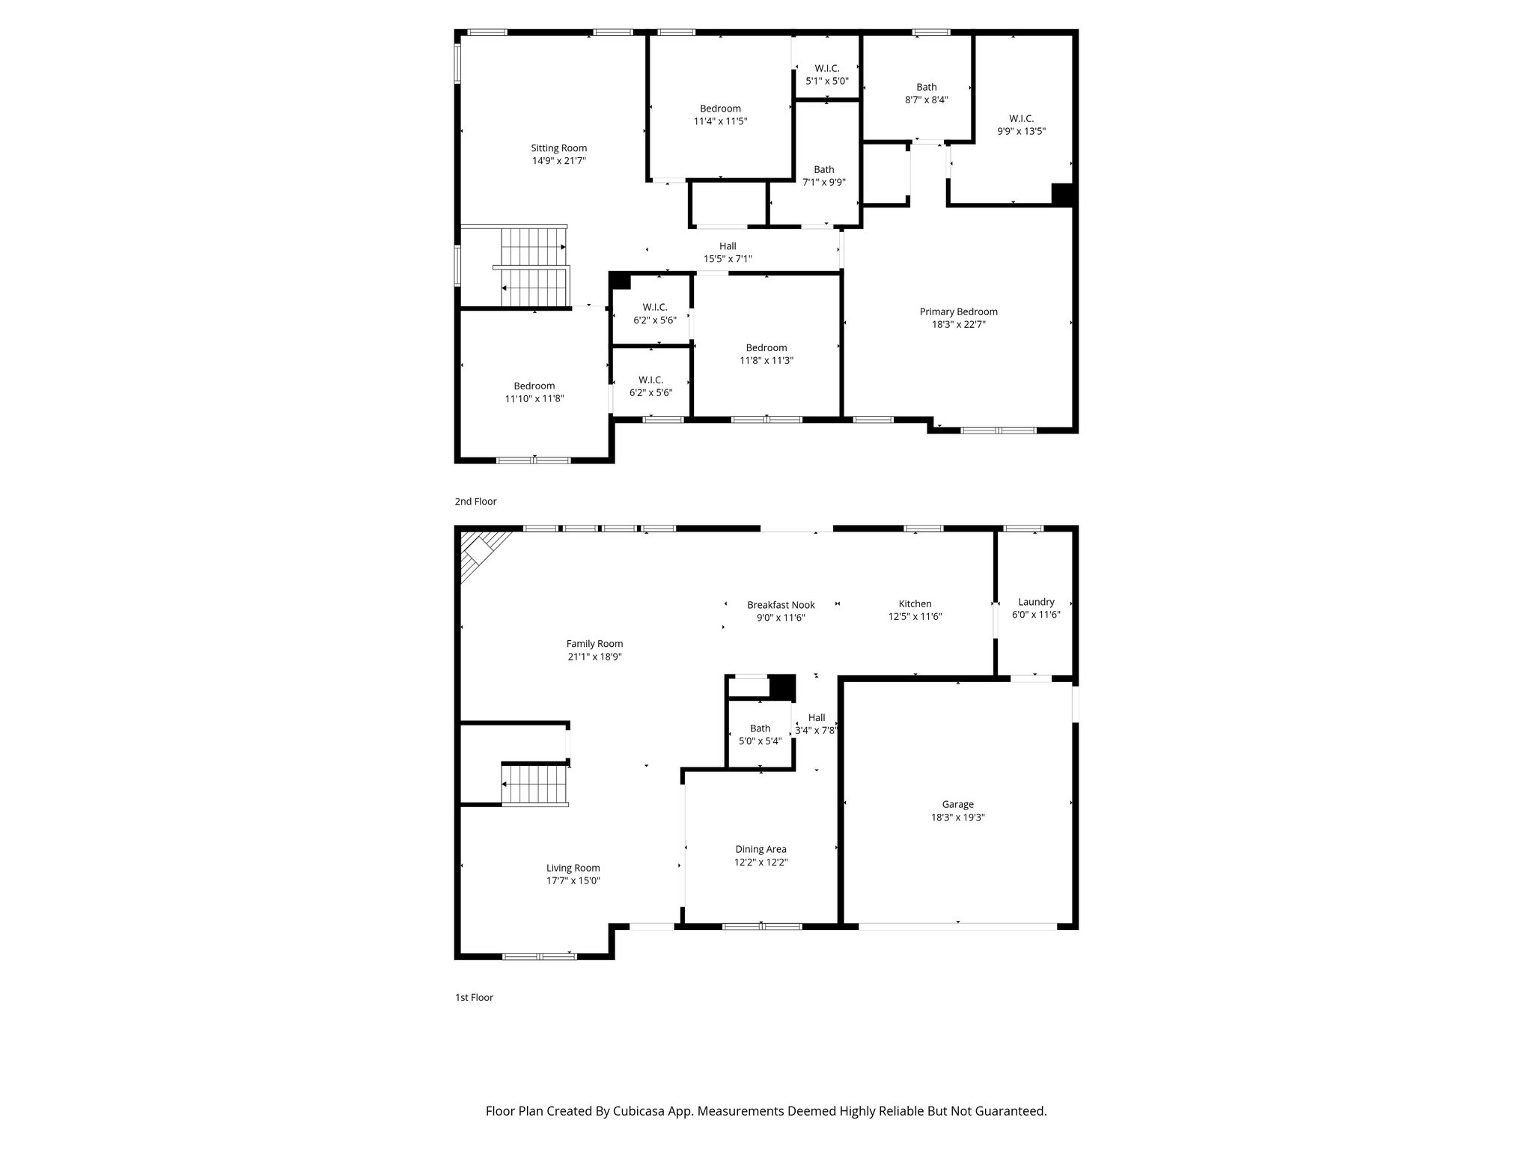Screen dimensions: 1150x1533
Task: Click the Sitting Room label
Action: (x=558, y=148)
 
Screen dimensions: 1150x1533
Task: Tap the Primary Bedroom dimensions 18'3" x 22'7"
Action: (x=958, y=325)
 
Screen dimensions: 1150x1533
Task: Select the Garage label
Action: (x=958, y=805)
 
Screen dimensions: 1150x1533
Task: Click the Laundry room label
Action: (x=1036, y=602)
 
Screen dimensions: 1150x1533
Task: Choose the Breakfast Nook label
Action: (x=781, y=605)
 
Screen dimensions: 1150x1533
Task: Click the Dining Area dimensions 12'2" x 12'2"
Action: (x=761, y=862)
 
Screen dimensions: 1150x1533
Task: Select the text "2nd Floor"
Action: (x=475, y=502)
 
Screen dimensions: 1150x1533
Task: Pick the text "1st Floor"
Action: (x=474, y=997)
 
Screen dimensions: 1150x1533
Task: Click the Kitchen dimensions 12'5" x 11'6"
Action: (x=915, y=617)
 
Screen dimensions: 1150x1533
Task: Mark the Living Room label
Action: (x=573, y=868)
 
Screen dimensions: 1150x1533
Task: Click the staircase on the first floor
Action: (x=534, y=785)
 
